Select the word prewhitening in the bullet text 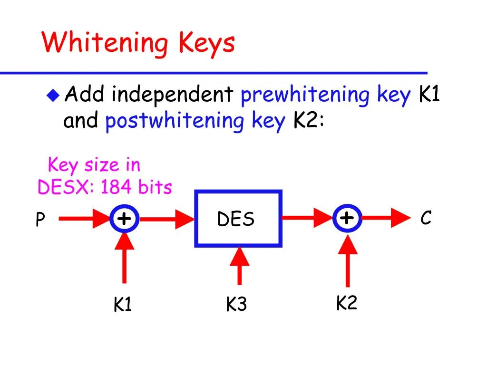point(304,96)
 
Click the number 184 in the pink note point(117,188)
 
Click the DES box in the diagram point(238,219)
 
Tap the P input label point(40,220)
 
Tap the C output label point(426,219)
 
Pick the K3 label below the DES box point(236,305)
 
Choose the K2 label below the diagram point(347,303)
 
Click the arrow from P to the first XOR point(83,219)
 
